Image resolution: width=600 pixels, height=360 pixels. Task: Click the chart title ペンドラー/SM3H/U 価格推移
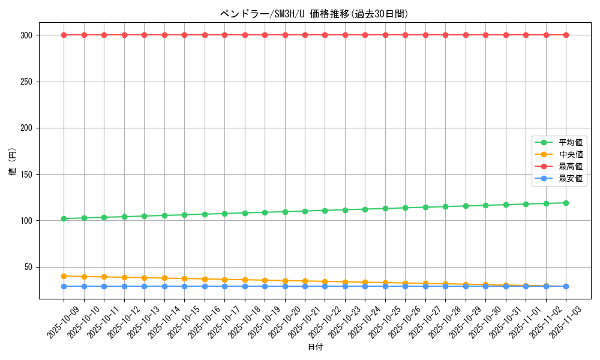coord(315,14)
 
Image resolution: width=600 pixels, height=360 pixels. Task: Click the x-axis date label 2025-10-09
coord(64,322)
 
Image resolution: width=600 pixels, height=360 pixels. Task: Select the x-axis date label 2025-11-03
coord(566,322)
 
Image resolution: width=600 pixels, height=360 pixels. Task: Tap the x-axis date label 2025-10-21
coord(305,322)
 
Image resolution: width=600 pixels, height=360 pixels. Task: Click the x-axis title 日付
coord(315,347)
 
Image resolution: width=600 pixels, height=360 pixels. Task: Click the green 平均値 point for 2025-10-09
coord(64,218)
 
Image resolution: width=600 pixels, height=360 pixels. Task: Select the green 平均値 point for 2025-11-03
coord(566,203)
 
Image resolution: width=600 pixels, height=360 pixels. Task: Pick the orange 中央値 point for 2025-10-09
coord(64,276)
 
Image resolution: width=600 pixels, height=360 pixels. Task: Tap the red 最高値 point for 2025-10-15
coord(184,35)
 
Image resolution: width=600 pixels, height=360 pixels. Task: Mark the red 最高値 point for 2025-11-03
coord(566,35)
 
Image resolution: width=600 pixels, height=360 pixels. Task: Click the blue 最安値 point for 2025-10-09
coord(64,286)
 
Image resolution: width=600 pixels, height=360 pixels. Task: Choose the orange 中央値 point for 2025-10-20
coord(285,281)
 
